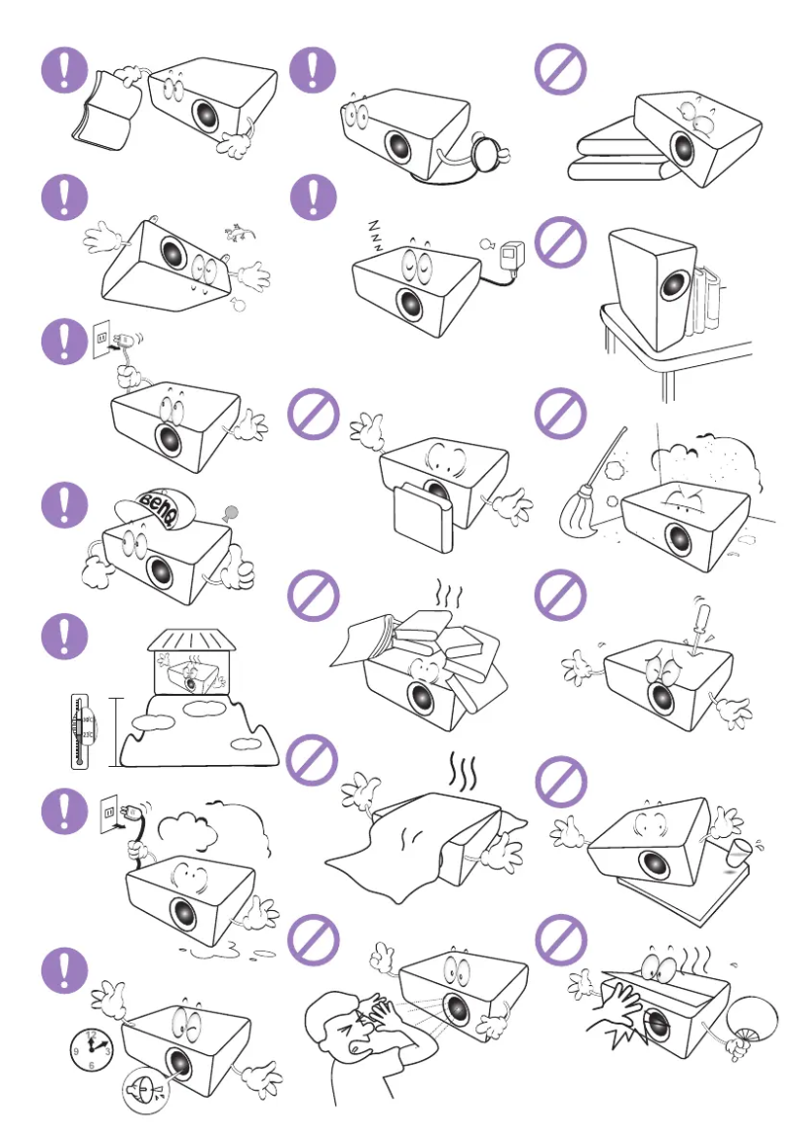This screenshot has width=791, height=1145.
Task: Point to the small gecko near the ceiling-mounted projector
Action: pyautogui.click(x=236, y=233)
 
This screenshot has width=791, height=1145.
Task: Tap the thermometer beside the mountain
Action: pyautogui.click(x=77, y=730)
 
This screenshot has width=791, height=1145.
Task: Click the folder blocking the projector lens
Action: pyautogui.click(x=421, y=512)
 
